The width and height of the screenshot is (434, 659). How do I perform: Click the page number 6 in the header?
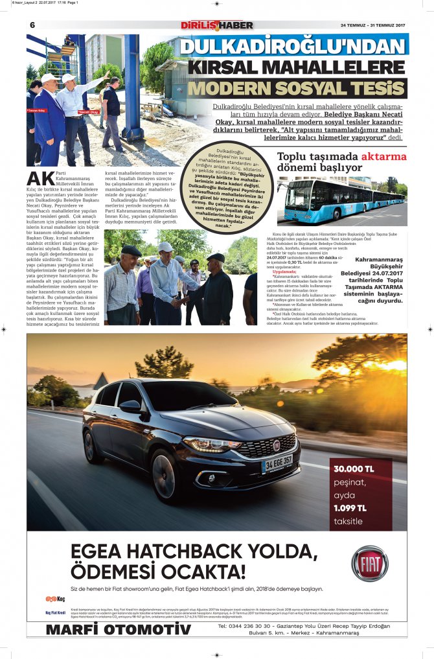coord(32,25)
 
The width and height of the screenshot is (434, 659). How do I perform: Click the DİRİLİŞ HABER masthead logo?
coord(217,25)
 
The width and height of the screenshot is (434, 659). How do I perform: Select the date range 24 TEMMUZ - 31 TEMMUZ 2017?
coord(372,26)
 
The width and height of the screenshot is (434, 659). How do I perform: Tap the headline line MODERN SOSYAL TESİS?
coord(297,88)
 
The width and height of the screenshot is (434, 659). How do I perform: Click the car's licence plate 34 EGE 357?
coord(277,463)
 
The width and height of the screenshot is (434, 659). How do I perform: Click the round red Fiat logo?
coord(370,563)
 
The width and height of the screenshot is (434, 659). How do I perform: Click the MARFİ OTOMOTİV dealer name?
coord(119,629)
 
